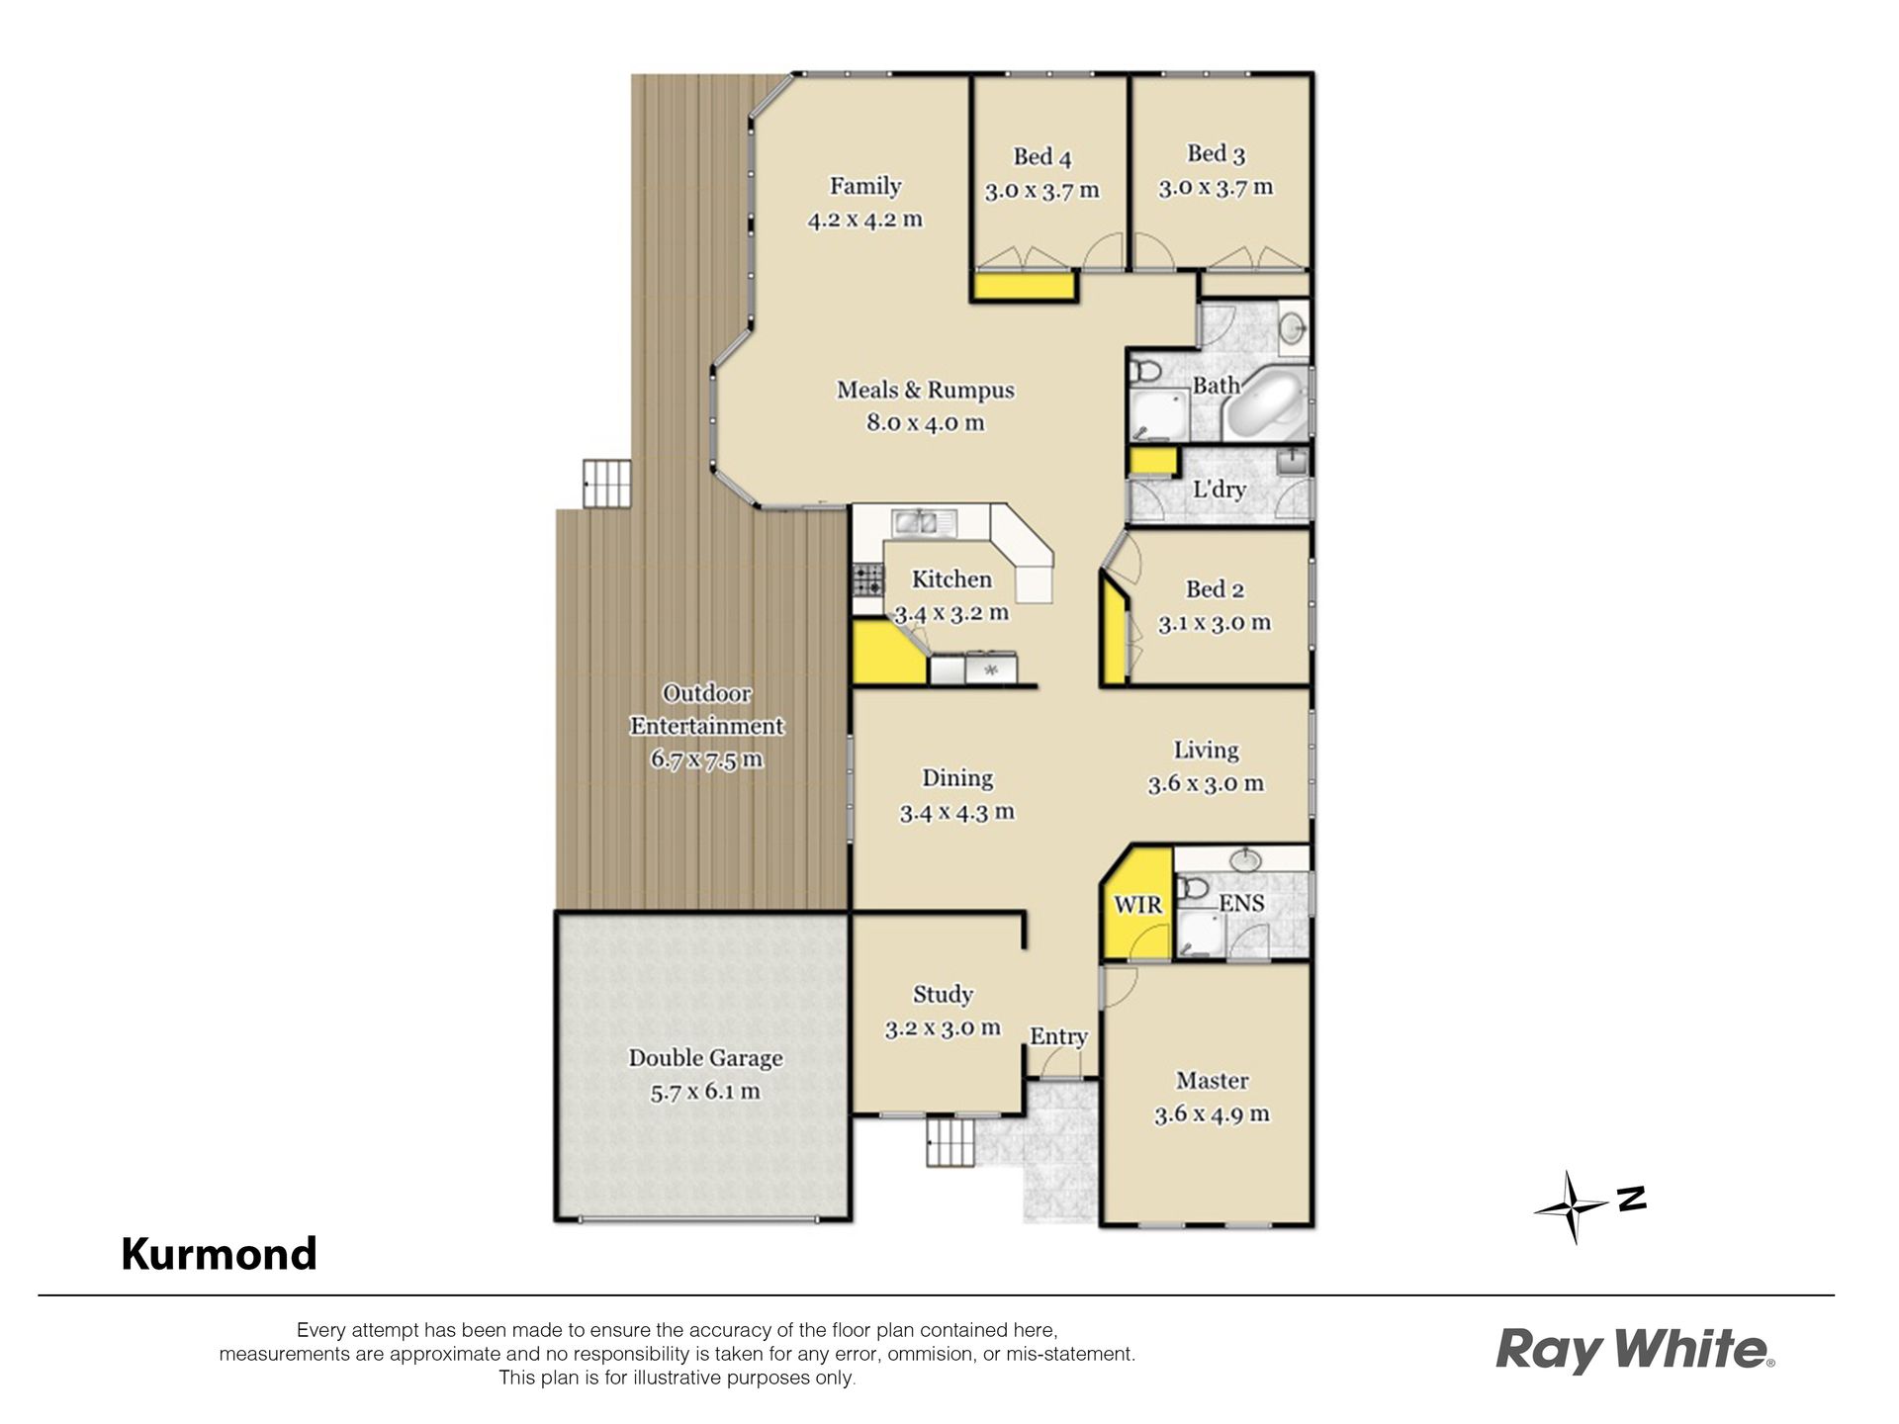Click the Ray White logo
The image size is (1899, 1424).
1635,1350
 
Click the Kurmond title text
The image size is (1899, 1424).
219,1254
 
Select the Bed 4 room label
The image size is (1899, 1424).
1041,156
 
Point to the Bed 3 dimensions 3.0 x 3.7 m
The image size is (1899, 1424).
1216,187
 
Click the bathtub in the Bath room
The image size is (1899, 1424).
1266,403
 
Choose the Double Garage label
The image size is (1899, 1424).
706,1058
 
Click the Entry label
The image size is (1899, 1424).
1058,1036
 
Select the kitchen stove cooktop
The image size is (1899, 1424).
868,578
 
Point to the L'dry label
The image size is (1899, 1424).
1219,489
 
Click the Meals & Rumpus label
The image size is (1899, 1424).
926,390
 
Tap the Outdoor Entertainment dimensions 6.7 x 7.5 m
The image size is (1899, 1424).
706,759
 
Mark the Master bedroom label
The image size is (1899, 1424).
1212,1080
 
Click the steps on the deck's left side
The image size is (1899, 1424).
605,484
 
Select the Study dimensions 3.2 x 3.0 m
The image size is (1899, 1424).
943,1028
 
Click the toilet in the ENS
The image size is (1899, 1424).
1193,889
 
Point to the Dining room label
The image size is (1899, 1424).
957,778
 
